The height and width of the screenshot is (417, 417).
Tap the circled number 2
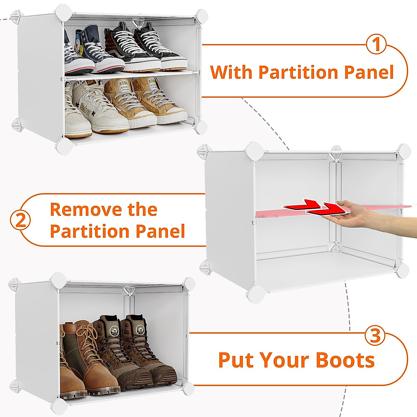click(x=21, y=220)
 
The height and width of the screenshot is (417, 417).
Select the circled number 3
click(x=376, y=336)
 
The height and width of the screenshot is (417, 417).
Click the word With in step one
click(x=231, y=72)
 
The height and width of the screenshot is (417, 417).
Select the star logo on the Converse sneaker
click(x=79, y=51)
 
